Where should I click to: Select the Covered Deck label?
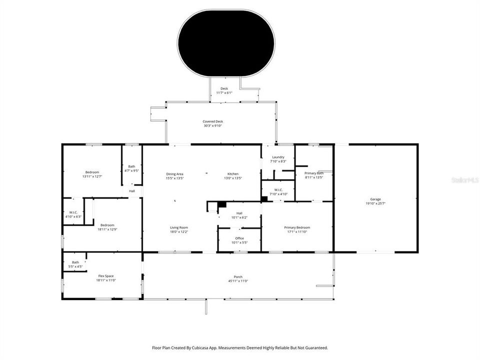tap(212, 121)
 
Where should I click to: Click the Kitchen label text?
tap(232, 173)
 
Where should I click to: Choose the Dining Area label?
tap(174, 173)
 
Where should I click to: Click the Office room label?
tap(239, 238)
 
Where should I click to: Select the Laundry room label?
tap(278, 157)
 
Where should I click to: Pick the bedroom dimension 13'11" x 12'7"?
tap(92, 176)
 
